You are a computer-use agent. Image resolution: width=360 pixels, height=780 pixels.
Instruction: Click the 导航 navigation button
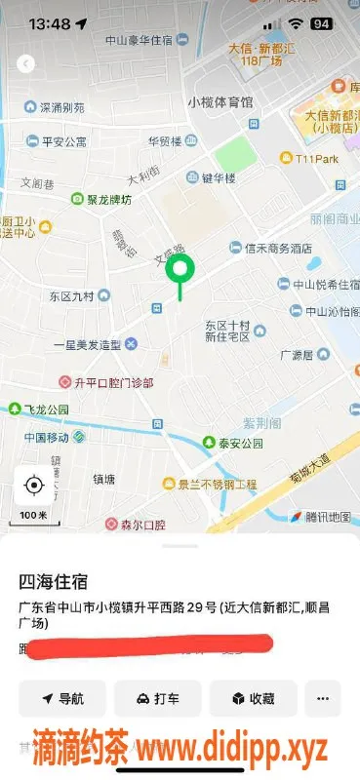[62, 698]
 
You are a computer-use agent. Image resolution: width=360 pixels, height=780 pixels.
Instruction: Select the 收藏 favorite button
[252, 698]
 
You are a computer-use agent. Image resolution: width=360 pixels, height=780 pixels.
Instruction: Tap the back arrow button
[26, 64]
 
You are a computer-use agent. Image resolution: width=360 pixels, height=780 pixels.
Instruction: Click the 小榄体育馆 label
[220, 101]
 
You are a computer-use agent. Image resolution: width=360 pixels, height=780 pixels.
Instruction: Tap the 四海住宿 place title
[54, 582]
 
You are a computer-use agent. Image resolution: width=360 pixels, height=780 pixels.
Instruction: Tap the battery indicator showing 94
[321, 22]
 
